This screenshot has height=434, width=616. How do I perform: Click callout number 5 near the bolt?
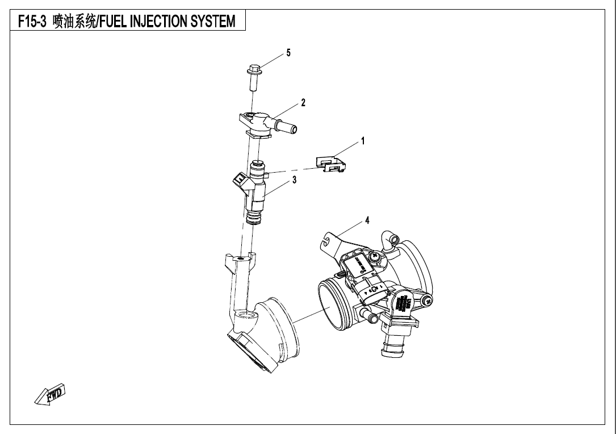288,53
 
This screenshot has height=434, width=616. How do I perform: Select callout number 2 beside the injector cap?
303,103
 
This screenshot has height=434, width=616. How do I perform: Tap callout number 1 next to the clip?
363,140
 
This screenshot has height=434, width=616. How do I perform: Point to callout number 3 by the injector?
294,180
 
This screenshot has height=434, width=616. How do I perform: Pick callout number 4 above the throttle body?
367,220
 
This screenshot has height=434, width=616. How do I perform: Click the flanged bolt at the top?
253,77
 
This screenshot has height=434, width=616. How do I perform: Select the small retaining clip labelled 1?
331,164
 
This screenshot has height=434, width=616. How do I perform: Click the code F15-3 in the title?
32,22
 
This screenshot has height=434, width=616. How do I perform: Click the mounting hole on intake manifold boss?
242,259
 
